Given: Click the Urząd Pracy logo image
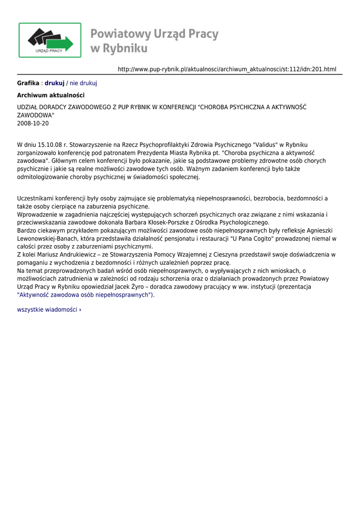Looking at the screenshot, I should point(50,40).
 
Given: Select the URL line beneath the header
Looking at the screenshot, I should point(227,69).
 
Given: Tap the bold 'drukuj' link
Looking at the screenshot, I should point(55,83).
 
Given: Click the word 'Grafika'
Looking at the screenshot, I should point(28,83).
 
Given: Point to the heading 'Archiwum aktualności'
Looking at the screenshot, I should point(51,95).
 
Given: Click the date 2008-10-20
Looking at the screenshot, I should point(33,123).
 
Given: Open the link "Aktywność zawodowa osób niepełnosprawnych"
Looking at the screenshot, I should point(85,295).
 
